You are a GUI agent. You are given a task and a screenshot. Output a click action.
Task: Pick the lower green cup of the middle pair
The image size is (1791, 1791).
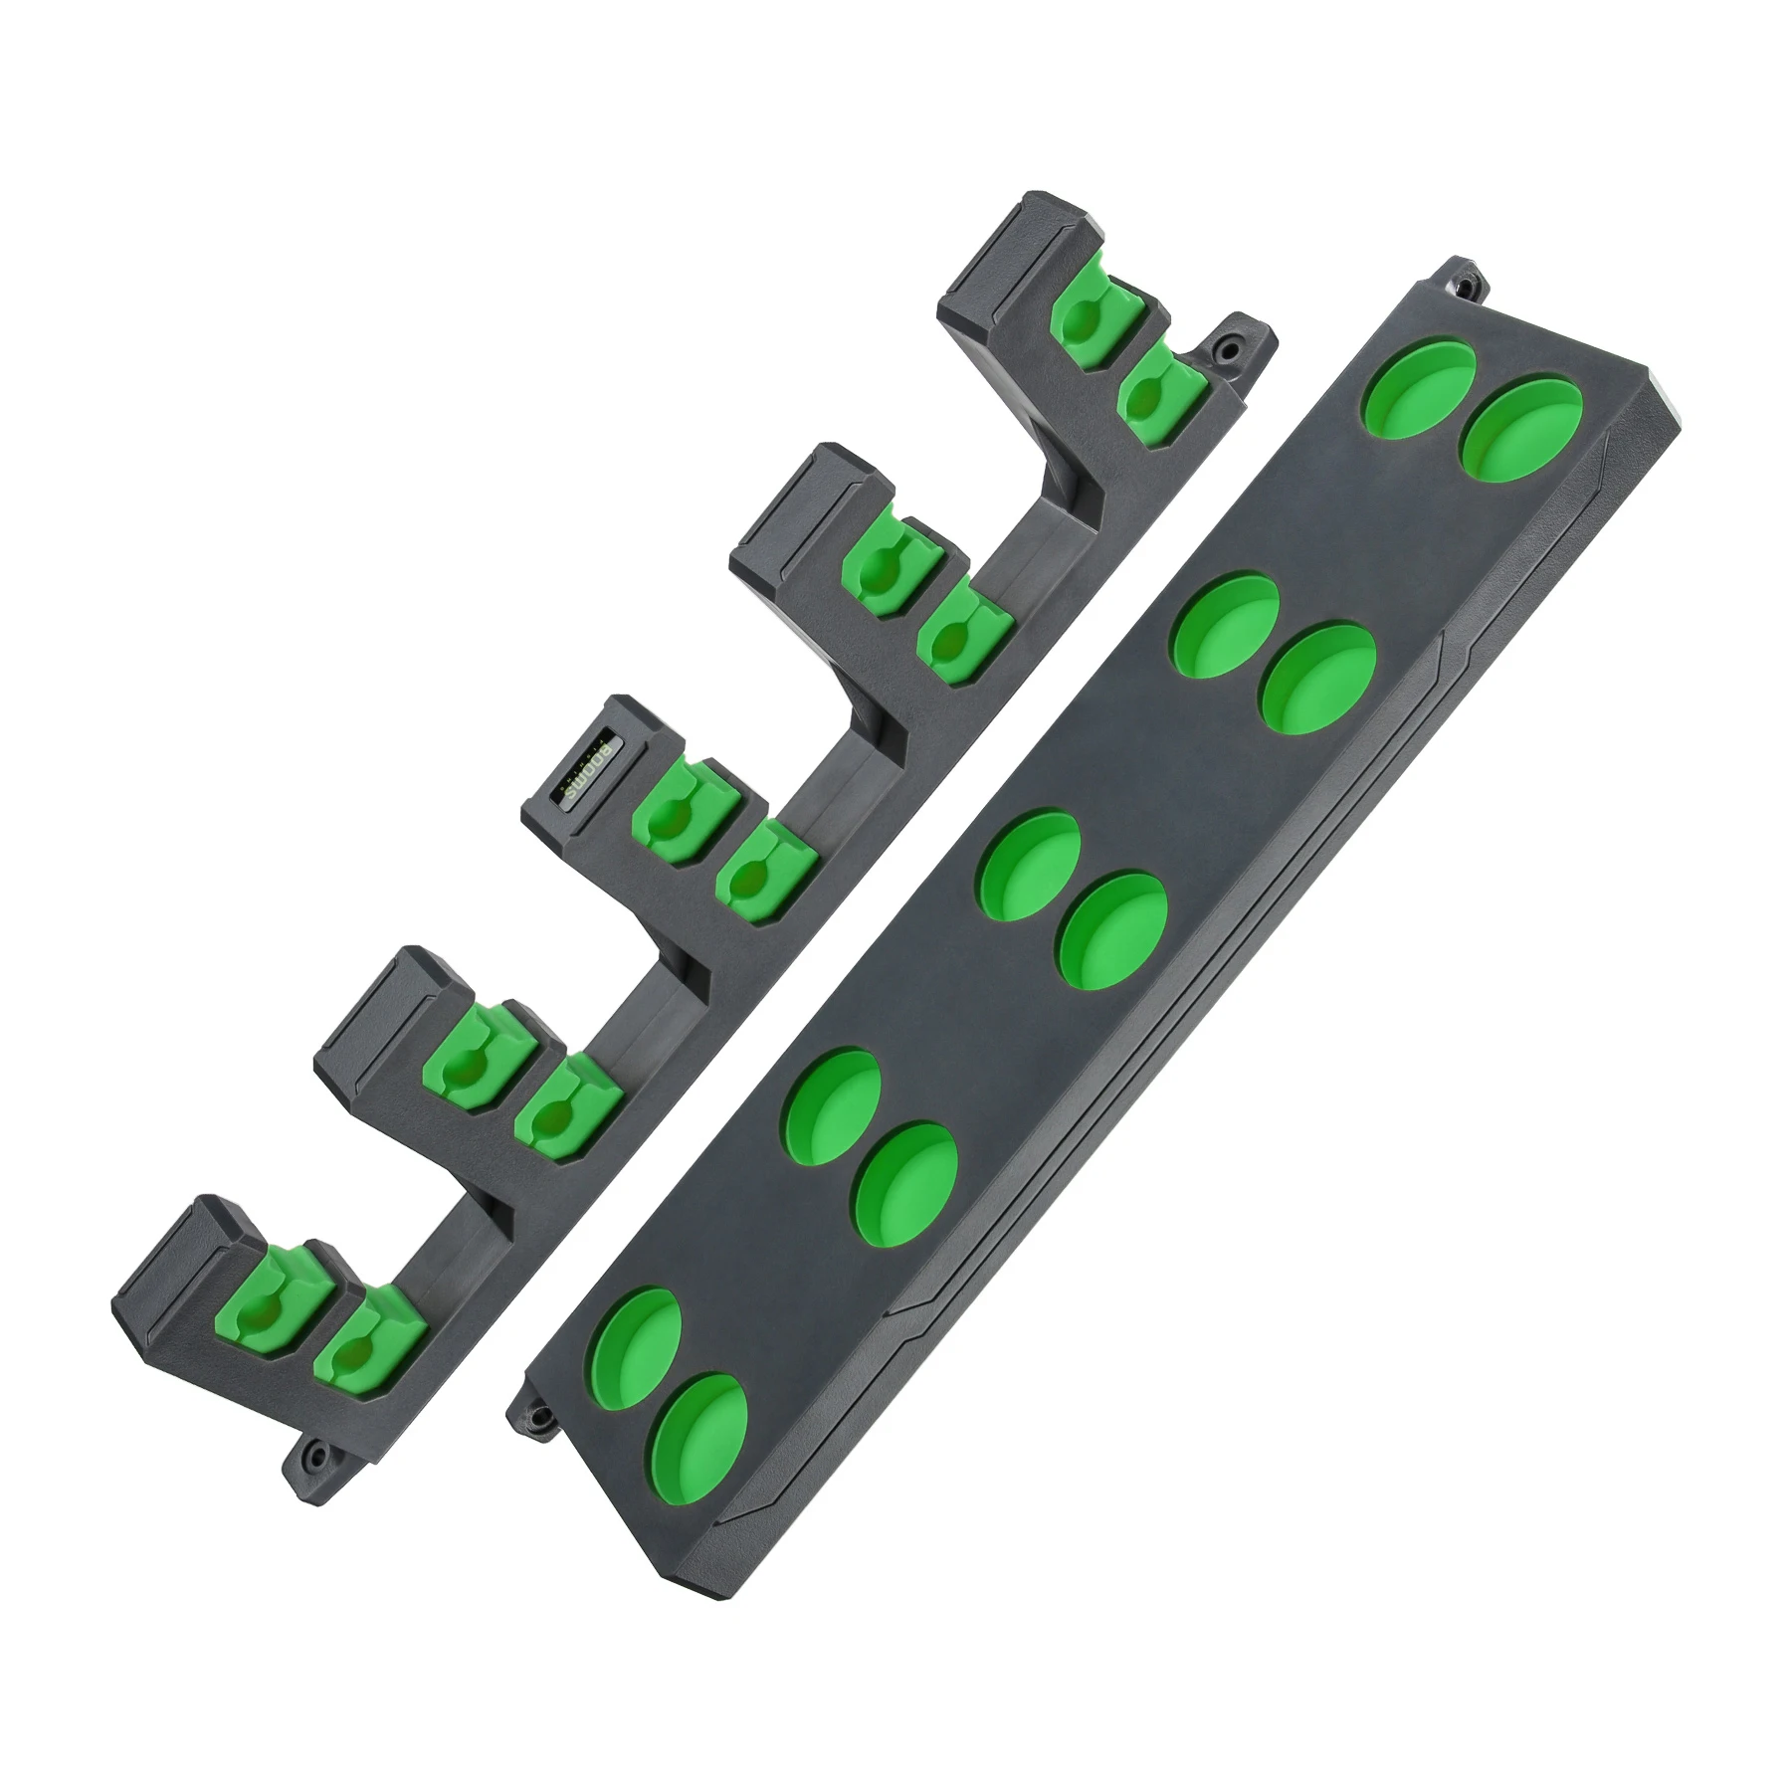pos(1112,930)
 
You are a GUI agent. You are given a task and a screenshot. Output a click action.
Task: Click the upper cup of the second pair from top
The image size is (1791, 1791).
pos(1227,623)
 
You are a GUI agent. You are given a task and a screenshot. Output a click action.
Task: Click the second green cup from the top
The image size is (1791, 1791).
pos(1519,430)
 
